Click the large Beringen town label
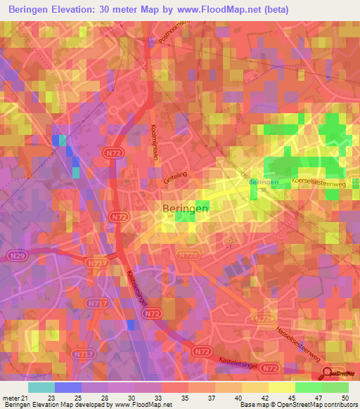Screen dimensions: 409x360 [186, 209]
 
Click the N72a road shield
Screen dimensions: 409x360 [264, 319]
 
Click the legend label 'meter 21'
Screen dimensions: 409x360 [14, 397]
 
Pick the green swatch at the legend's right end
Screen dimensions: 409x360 [335, 387]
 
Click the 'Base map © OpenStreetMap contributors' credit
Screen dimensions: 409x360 [299, 405]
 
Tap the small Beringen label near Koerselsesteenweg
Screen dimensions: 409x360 [264, 183]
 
